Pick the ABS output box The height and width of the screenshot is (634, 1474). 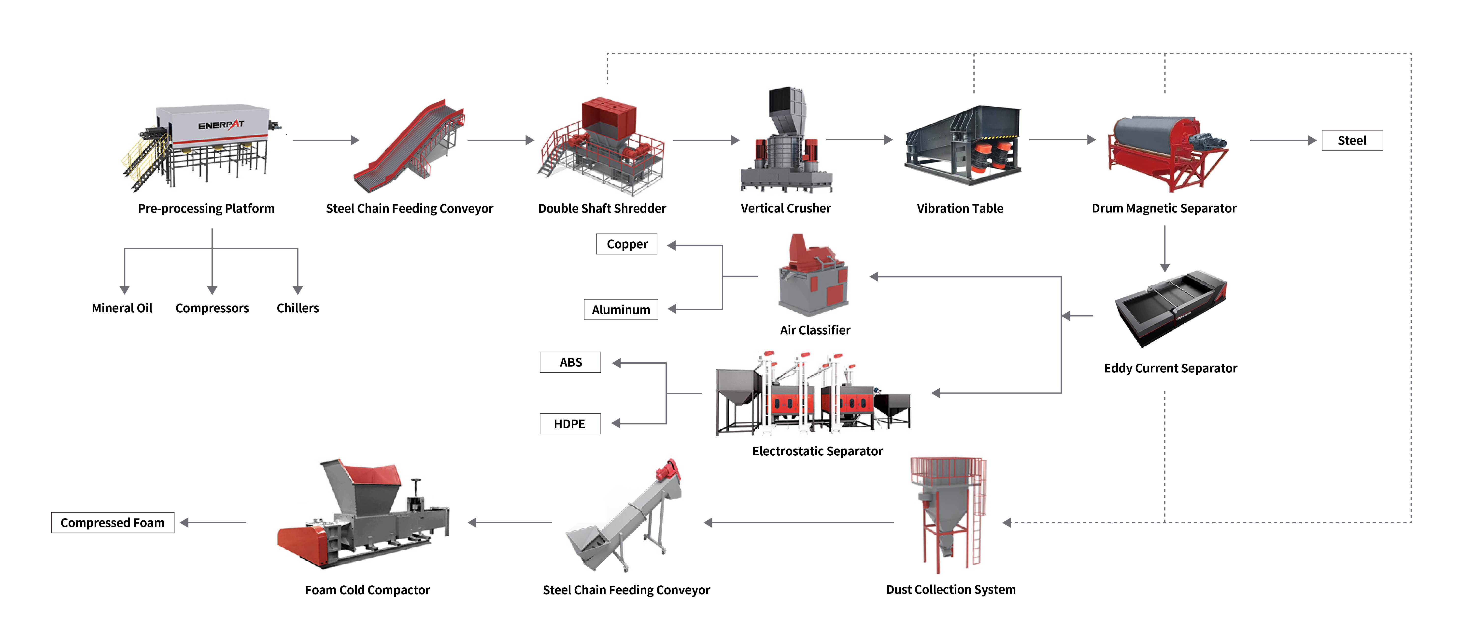pos(570,362)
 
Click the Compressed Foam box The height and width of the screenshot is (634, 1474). pos(113,523)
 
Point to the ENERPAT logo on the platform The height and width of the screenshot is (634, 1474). pos(221,125)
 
